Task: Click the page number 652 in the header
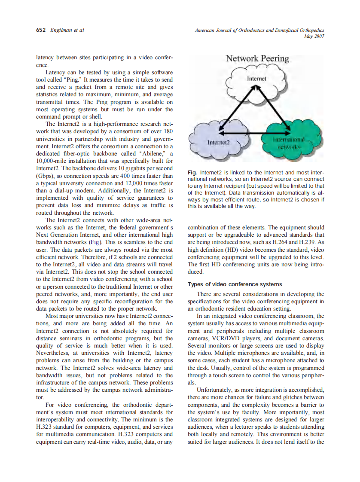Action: click(41, 31)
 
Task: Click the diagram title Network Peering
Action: click(257, 58)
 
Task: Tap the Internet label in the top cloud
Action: click(256, 79)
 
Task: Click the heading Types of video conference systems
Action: click(235, 284)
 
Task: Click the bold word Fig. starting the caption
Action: click(192, 173)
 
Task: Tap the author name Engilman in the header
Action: click(62, 31)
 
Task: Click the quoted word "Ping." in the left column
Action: click(76, 80)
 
